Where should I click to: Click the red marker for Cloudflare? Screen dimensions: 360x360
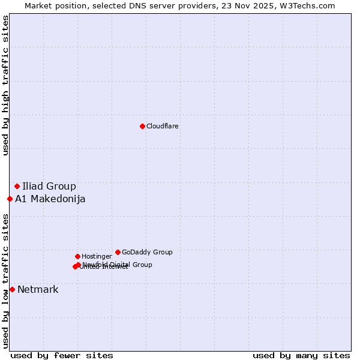click(142, 126)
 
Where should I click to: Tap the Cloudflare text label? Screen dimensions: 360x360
click(163, 127)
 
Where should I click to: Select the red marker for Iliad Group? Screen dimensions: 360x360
click(17, 186)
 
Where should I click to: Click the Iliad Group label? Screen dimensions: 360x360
click(49, 186)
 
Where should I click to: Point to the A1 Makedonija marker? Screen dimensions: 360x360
click(10, 199)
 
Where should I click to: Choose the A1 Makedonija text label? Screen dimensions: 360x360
click(50, 199)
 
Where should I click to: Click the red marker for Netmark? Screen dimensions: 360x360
click(12, 289)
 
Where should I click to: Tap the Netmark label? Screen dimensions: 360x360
click(38, 290)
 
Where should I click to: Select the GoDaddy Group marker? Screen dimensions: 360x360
click(118, 252)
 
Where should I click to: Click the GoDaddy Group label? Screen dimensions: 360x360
click(147, 253)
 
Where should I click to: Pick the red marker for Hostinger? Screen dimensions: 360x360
click(77, 256)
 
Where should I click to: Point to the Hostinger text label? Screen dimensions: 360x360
click(97, 257)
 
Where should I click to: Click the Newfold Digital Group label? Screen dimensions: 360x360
click(118, 265)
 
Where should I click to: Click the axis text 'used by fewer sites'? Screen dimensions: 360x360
click(62, 355)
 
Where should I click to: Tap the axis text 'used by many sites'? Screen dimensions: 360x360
click(301, 355)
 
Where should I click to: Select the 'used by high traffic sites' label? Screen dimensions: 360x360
click(5, 86)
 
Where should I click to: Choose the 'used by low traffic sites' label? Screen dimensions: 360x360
click(5, 281)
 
